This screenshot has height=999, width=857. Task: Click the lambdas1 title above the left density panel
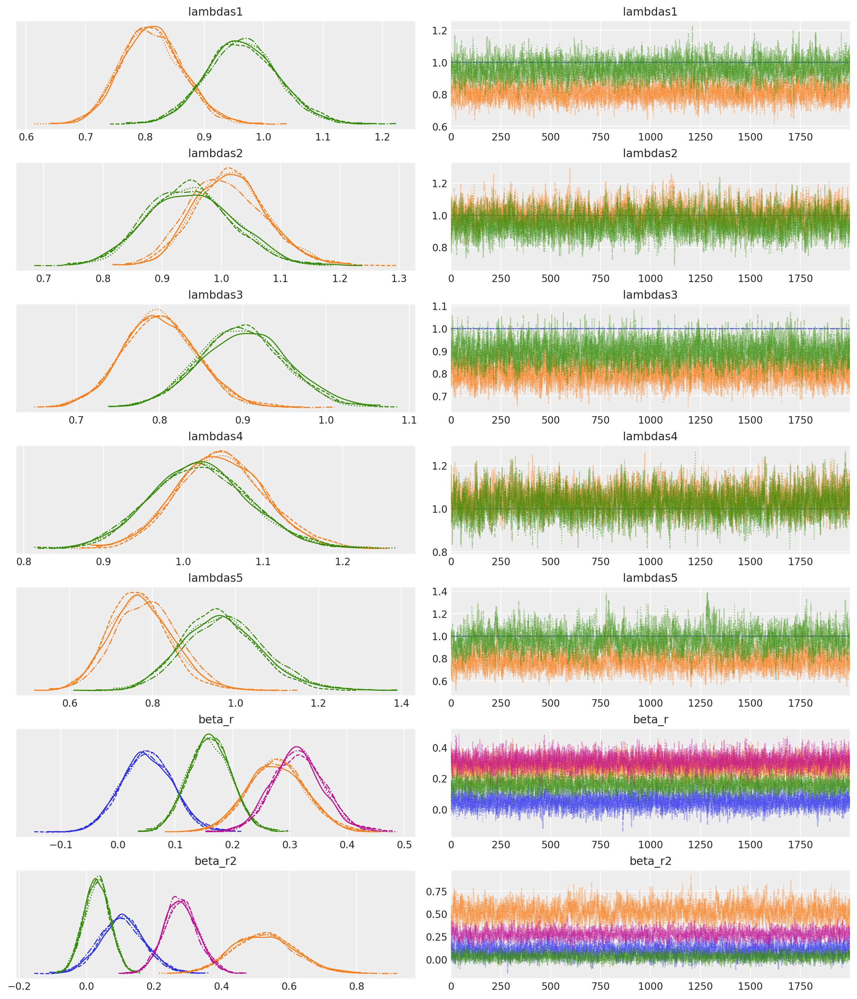215,12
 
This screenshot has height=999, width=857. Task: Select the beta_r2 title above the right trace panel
650,861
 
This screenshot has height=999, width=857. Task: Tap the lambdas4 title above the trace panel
650,436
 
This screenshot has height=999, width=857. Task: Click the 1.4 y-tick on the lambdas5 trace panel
440,592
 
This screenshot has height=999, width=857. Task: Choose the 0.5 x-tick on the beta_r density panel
404,845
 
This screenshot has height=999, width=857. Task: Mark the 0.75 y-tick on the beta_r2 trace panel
436,891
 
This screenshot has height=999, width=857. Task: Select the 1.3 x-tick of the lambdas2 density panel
399,278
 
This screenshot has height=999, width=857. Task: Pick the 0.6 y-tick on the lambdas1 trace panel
440,126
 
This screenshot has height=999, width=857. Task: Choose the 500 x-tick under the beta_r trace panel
550,845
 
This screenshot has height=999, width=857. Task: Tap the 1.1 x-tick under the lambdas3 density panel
409,420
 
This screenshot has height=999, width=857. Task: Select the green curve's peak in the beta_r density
208,735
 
